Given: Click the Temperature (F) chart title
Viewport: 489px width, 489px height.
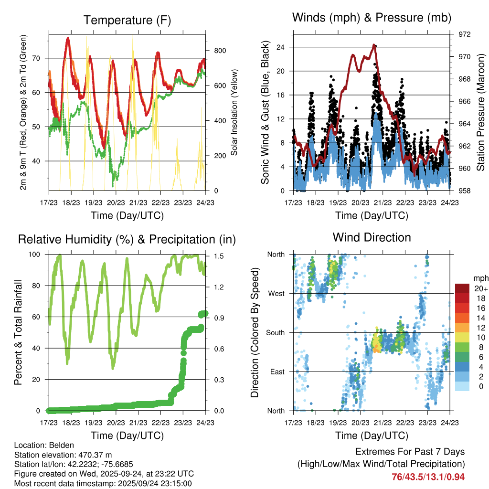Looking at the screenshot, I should (x=127, y=20).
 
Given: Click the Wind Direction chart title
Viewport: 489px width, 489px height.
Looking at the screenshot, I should (x=372, y=237).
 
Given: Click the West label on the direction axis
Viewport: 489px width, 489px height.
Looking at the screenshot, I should (x=276, y=293).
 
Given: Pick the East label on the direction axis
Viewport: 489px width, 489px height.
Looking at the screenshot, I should (x=276, y=372).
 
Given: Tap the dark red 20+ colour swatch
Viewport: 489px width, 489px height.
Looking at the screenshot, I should (x=462, y=288).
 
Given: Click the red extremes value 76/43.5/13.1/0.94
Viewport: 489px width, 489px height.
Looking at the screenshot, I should (x=428, y=477).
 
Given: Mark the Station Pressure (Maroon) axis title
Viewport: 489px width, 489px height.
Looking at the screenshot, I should (x=480, y=112).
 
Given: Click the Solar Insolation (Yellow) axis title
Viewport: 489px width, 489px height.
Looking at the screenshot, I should (x=234, y=112).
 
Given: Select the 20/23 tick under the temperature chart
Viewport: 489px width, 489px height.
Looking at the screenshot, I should (x=116, y=202).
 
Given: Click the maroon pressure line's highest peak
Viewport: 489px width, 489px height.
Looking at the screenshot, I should (x=374, y=45).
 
